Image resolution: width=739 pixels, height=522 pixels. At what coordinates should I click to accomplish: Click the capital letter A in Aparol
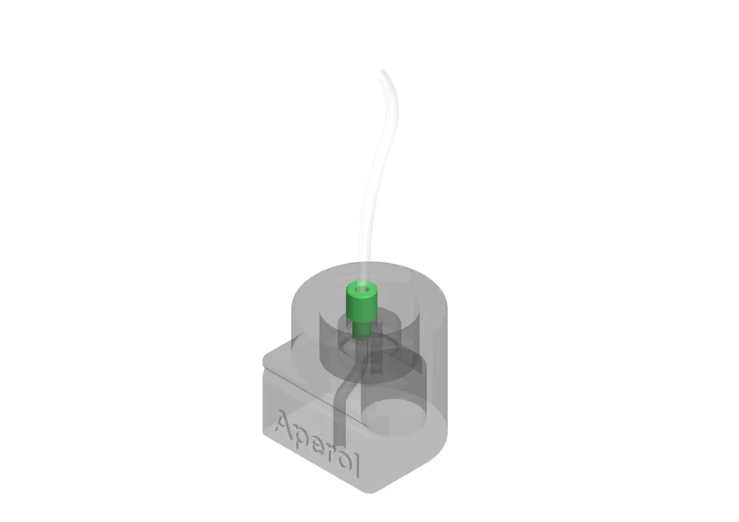(x=285, y=424)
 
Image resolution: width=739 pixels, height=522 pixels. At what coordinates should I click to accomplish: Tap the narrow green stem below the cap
(x=362, y=330)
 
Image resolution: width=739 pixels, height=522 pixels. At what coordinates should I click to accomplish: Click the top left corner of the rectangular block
(x=264, y=358)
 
